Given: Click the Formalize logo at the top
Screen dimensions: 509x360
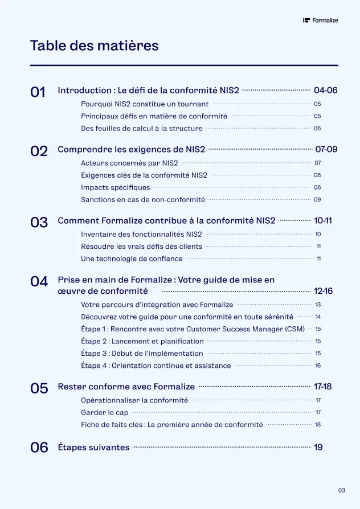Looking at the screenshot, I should (321, 20).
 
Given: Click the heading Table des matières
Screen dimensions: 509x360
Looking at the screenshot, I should (94, 46).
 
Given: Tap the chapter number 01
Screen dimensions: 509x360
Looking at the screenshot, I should (38, 92).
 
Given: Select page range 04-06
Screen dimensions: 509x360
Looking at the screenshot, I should (326, 91).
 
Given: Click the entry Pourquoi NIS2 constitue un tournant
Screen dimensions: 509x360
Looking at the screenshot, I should (145, 104).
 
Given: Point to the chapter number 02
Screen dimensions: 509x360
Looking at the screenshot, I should (39, 151).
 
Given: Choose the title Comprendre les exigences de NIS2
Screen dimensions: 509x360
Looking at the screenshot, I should (131, 150).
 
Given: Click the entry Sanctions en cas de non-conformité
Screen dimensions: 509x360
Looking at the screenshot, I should (143, 200).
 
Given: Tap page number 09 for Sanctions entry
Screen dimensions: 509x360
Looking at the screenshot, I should (317, 200).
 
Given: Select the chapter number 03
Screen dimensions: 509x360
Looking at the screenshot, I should (39, 223).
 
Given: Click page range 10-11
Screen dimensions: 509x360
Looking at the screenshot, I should (323, 221).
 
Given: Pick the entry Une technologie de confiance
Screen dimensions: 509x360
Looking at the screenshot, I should (132, 258).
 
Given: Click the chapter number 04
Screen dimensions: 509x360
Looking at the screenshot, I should (39, 281).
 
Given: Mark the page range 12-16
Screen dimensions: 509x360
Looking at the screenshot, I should (323, 292).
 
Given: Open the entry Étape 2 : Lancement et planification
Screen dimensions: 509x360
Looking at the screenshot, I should (142, 341).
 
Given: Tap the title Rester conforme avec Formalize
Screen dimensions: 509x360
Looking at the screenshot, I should (126, 387).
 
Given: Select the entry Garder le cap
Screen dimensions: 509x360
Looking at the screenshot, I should (104, 412).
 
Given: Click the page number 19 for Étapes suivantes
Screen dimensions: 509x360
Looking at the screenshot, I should (318, 448).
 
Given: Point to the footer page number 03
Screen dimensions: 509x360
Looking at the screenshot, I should (341, 490).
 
